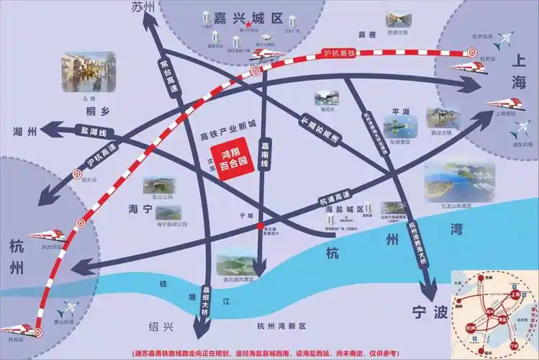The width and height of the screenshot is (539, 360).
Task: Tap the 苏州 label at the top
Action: pos(144,6)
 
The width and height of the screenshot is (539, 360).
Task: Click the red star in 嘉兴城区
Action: pos(248,24)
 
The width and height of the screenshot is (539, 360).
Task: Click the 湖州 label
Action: pos(24,132)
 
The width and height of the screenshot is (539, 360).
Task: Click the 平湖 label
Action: pos(401,112)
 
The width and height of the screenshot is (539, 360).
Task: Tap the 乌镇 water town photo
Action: pos(89,72)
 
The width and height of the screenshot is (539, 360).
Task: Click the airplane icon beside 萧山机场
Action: pos(70,309)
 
